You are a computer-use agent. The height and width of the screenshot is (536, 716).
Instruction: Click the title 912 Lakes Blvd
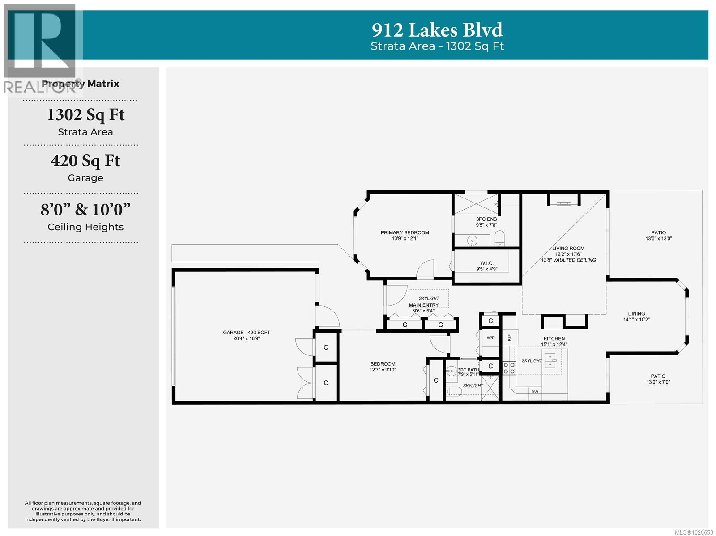point(437,30)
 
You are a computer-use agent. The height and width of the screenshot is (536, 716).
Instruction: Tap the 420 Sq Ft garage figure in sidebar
point(85,161)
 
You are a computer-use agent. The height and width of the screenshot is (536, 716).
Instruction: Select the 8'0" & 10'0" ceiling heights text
point(85,209)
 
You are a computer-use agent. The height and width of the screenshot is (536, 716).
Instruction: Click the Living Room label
point(568,249)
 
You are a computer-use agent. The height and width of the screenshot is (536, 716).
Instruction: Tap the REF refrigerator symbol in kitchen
point(509,338)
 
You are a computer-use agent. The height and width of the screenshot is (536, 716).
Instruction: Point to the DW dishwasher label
point(534,392)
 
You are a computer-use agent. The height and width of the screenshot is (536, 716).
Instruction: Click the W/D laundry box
point(490,338)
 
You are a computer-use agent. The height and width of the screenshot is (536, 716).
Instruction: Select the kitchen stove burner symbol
point(509,368)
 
